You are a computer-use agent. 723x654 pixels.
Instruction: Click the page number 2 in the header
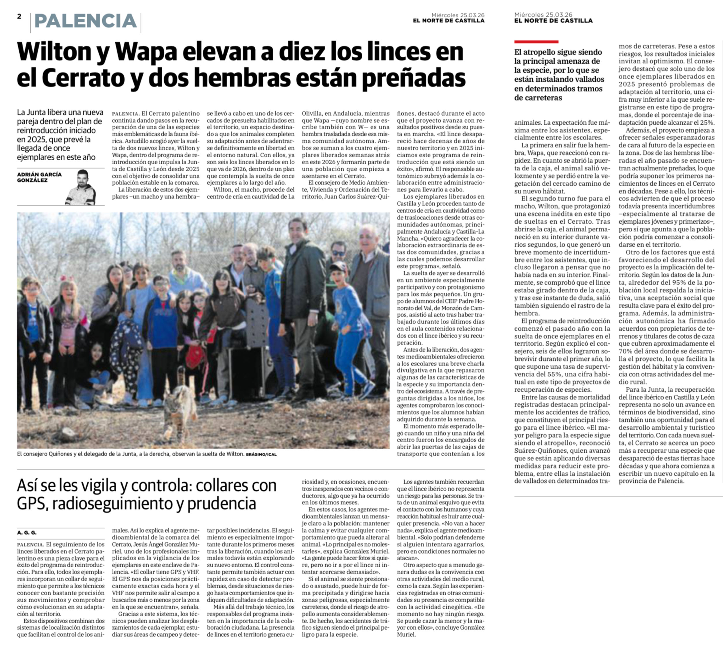pos(19,16)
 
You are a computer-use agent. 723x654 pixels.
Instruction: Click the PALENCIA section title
pos(86,21)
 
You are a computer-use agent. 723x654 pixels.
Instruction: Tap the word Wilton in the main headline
pos(54,52)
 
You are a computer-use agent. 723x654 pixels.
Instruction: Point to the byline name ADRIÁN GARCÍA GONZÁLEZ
pos(39,177)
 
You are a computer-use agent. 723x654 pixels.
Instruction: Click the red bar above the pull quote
pos(536,42)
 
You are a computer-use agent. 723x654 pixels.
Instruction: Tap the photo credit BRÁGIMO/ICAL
pos(261,454)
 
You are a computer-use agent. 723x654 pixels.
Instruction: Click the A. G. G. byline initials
pos(27,533)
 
